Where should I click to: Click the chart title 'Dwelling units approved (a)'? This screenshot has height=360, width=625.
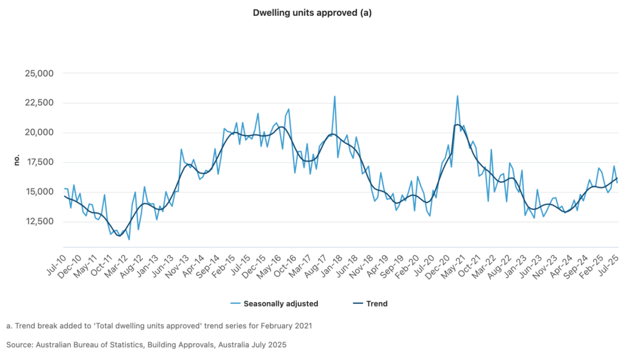click(x=312, y=12)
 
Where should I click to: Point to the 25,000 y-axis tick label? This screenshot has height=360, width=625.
click(x=38, y=73)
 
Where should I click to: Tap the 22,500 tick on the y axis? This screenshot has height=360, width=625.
click(x=38, y=103)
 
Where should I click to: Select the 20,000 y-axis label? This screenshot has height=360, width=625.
click(x=38, y=132)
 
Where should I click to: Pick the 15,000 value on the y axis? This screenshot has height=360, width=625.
click(x=38, y=192)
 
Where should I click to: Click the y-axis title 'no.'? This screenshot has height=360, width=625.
click(x=17, y=160)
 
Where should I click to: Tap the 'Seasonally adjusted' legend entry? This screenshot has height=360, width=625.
click(x=280, y=303)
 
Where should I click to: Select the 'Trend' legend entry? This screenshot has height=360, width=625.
click(x=377, y=303)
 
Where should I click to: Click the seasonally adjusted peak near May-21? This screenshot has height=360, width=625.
click(x=457, y=96)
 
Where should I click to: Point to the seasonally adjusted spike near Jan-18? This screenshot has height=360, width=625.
click(x=334, y=96)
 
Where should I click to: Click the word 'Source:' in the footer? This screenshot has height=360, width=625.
click(x=20, y=345)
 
